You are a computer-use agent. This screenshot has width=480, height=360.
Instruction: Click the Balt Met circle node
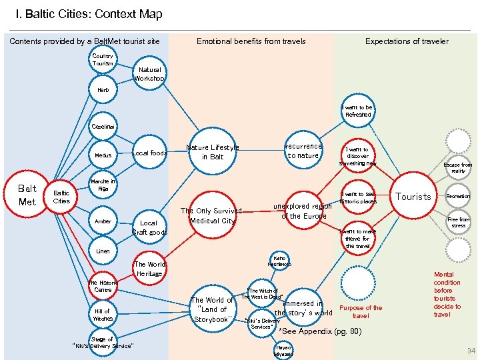point(27,195)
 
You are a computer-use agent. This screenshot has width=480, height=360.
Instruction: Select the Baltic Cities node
point(61,197)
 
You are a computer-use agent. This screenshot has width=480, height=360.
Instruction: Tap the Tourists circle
point(413,197)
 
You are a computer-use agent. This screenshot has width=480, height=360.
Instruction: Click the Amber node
point(103,221)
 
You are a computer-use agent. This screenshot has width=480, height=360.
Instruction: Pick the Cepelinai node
point(103,126)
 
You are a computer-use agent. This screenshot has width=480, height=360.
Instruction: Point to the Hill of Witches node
point(103,315)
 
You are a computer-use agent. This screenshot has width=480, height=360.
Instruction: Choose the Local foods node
point(149,153)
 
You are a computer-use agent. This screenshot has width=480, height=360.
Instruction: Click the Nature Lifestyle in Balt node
point(212,152)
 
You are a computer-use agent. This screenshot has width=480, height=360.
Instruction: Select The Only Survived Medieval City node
point(212,215)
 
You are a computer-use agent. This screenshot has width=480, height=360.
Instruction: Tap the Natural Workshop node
point(149,73)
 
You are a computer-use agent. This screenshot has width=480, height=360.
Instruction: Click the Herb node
point(103,89)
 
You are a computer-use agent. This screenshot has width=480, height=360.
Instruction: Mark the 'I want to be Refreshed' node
point(357,111)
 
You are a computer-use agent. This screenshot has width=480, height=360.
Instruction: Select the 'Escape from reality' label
point(457,167)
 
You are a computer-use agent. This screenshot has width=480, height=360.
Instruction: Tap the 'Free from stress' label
point(458,223)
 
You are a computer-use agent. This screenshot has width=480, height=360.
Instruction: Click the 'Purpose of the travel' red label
point(361,311)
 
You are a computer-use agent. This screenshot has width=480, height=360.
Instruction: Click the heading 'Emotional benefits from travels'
point(251,41)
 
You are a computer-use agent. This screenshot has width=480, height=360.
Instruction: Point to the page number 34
point(471,351)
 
